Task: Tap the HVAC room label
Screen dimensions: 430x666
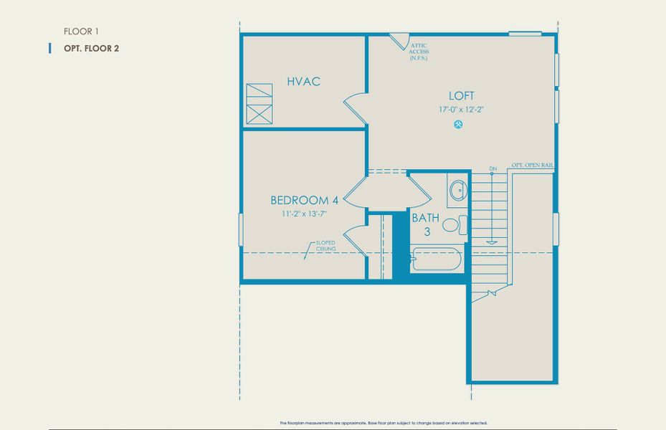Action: coord(303,82)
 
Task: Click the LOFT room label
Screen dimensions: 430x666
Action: coord(461,96)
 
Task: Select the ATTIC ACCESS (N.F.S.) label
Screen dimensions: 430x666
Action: coord(419,52)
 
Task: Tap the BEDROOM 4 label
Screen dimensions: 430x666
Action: coord(303,200)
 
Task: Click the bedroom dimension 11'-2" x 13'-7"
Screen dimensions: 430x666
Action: coord(303,214)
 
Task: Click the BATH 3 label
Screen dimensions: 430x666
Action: coord(426,224)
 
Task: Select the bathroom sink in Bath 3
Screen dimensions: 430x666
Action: coord(457,191)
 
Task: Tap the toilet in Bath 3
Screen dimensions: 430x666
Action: coord(452,225)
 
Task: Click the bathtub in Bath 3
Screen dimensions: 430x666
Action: coord(437,259)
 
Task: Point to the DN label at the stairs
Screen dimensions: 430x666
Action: coord(493,169)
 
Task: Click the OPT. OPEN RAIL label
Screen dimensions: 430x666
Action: coord(532,166)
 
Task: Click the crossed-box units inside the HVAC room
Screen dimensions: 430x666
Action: coord(260,105)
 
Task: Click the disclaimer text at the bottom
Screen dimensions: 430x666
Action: coord(383,424)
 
